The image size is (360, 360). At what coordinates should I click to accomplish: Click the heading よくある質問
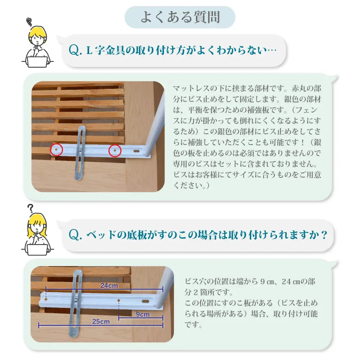[x=180, y=17]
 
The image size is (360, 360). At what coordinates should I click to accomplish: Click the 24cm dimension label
[x=109, y=285]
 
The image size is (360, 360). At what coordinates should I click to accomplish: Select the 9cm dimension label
[x=143, y=314]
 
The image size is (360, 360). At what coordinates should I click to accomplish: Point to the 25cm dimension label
[x=101, y=321]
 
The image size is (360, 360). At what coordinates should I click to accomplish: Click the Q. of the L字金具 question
[x=75, y=50]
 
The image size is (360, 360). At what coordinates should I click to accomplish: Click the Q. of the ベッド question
[x=75, y=235]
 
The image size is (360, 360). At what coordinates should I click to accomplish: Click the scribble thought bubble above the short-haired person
[x=29, y=22]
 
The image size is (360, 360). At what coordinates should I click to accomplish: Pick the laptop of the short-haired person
[x=37, y=62]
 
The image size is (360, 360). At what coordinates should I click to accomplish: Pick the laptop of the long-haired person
[x=37, y=250]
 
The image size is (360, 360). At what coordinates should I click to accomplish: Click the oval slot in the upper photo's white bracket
[x=136, y=151]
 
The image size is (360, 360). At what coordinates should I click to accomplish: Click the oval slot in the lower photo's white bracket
[x=145, y=301]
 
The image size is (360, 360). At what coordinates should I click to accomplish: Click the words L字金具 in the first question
[x=106, y=50]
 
